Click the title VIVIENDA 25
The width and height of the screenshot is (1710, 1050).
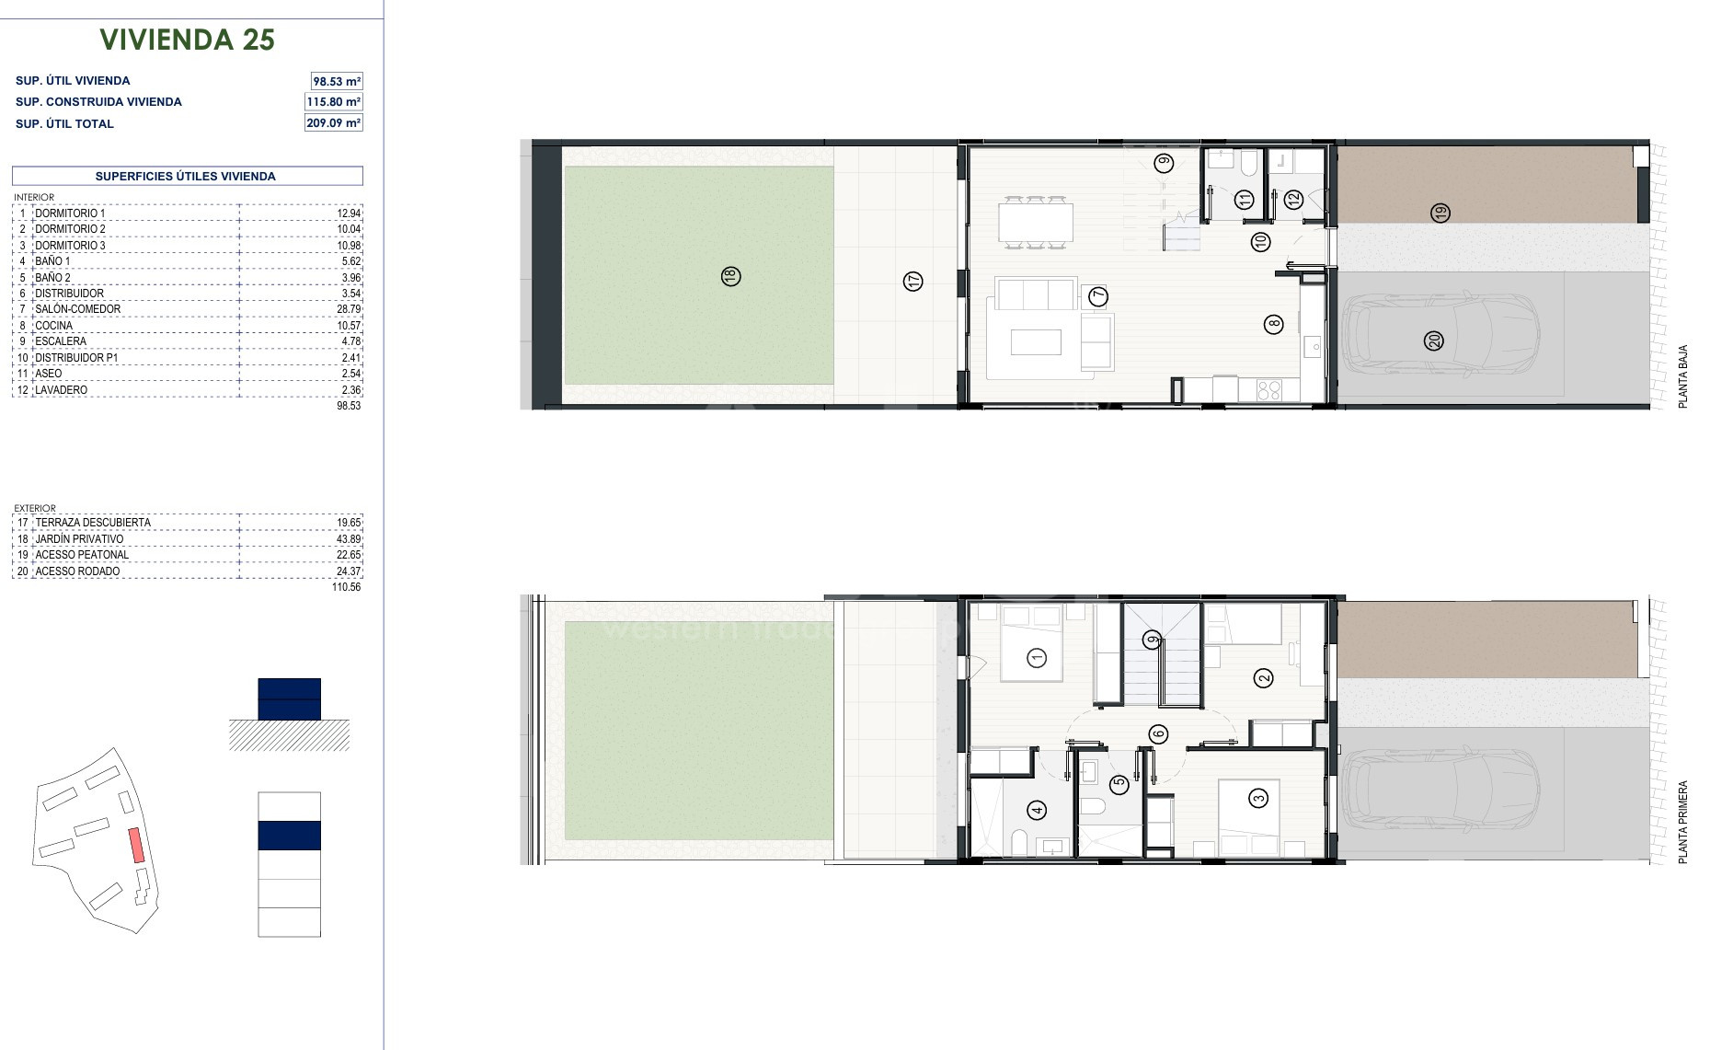click(x=188, y=40)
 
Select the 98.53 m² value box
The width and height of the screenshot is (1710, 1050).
click(x=337, y=81)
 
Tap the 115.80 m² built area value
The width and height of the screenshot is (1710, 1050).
click(x=334, y=102)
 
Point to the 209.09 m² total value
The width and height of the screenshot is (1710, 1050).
click(x=334, y=122)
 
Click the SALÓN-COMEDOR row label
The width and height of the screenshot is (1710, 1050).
click(x=77, y=309)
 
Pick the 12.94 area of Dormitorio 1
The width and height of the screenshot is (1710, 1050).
click(x=349, y=213)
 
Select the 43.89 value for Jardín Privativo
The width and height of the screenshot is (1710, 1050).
click(x=349, y=539)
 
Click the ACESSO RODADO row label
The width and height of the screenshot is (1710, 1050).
click(x=77, y=571)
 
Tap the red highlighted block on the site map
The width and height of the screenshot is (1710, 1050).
click(x=136, y=845)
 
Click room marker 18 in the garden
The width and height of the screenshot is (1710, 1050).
click(x=731, y=276)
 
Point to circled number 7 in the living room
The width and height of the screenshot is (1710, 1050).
click(x=1098, y=296)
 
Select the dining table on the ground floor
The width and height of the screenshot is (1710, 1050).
click(x=1036, y=222)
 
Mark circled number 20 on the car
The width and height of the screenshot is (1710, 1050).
click(x=1433, y=341)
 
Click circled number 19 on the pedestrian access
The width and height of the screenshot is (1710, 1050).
click(x=1440, y=213)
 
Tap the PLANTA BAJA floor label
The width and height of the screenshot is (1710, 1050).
click(x=1683, y=377)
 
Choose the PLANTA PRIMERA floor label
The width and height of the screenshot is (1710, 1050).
click(x=1683, y=822)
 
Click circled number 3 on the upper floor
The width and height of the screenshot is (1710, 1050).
click(x=1258, y=798)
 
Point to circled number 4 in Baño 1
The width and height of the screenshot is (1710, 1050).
click(x=1038, y=810)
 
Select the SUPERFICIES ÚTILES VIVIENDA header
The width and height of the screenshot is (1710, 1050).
click(x=186, y=177)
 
